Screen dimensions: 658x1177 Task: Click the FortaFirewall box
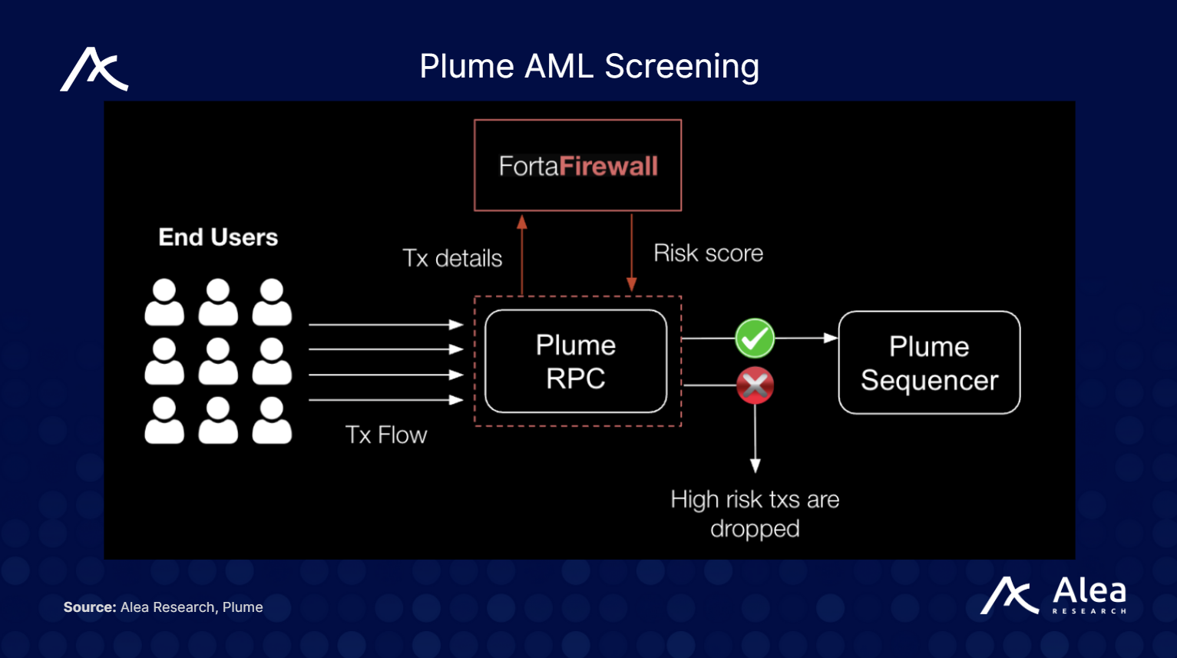tap(577, 165)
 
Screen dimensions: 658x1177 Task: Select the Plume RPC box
tap(576, 362)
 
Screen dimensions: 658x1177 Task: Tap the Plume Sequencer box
tap(929, 362)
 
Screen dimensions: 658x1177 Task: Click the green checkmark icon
tap(755, 338)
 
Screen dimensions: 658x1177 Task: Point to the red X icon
tap(755, 385)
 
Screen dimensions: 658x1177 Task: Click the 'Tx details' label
tap(452, 258)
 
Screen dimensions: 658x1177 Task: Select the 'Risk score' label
tap(708, 253)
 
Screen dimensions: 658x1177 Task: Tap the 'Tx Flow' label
tap(385, 435)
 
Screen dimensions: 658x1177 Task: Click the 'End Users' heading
tap(218, 237)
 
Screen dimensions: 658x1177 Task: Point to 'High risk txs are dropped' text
tap(755, 514)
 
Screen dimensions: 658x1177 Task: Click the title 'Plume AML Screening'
tap(589, 66)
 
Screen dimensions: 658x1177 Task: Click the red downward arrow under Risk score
tap(631, 253)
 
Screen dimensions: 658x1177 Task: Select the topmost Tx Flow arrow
tap(385, 325)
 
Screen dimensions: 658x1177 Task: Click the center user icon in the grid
tap(218, 361)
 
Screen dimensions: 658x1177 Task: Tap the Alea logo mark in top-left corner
tap(94, 70)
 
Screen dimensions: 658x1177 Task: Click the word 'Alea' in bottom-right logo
tap(1089, 590)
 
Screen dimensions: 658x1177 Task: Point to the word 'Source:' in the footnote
tap(90, 607)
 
